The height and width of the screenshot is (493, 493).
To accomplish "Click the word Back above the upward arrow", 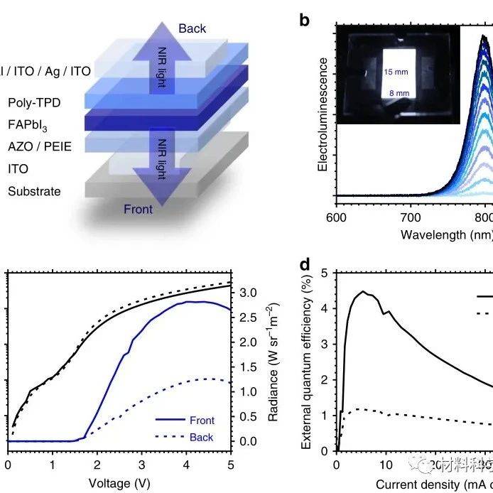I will (x=193, y=28).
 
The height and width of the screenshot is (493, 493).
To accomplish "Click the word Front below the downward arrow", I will (x=138, y=209).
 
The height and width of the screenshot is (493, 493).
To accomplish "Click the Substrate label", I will (x=34, y=191).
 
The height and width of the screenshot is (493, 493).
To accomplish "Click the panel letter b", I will (x=305, y=20).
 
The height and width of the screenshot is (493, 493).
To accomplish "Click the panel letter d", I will (x=305, y=265).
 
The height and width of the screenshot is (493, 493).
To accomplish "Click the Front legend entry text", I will (x=202, y=421).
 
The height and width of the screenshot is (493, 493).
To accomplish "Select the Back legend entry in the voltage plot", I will (x=201, y=438).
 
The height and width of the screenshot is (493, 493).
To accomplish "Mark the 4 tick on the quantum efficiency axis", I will (x=324, y=308).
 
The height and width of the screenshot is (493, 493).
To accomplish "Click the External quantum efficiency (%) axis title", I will (x=307, y=362).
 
